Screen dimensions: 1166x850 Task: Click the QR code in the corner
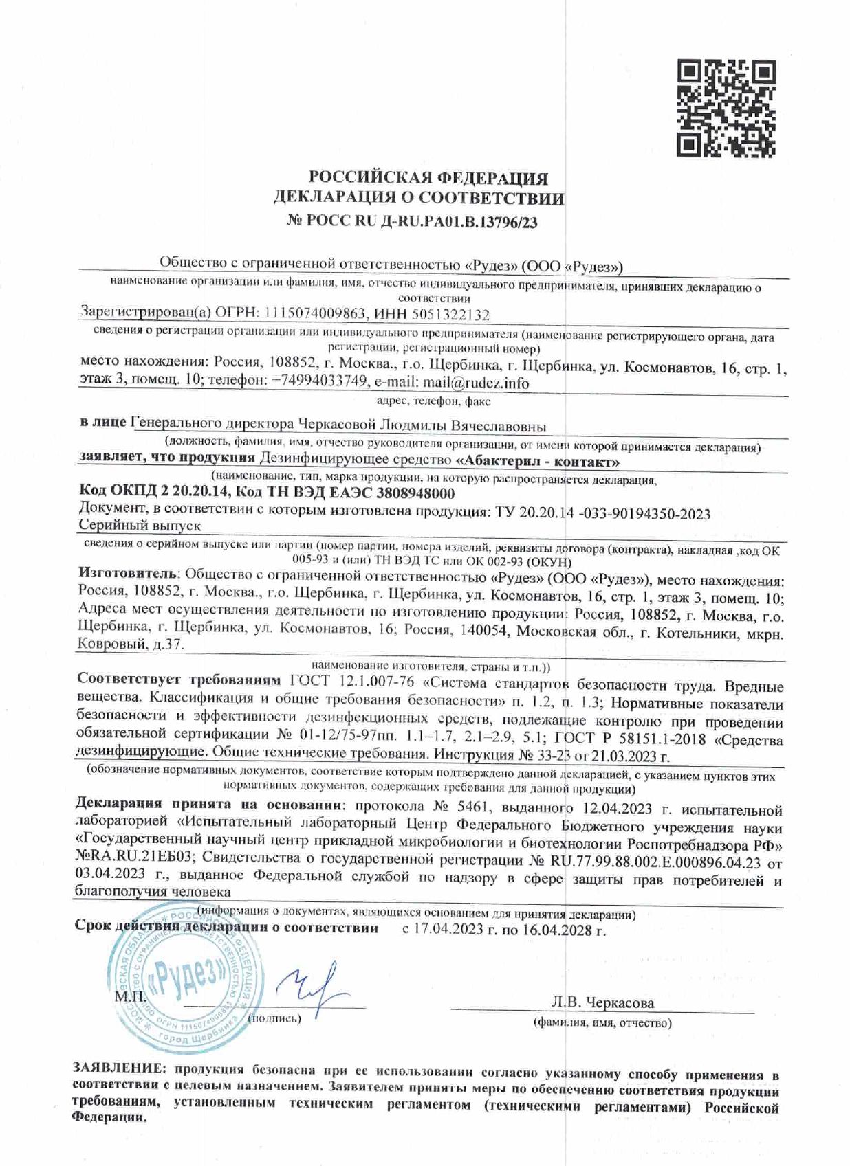point(726,108)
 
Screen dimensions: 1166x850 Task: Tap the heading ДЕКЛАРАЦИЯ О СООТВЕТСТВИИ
point(419,199)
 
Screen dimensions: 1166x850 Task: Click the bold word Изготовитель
point(129,572)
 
